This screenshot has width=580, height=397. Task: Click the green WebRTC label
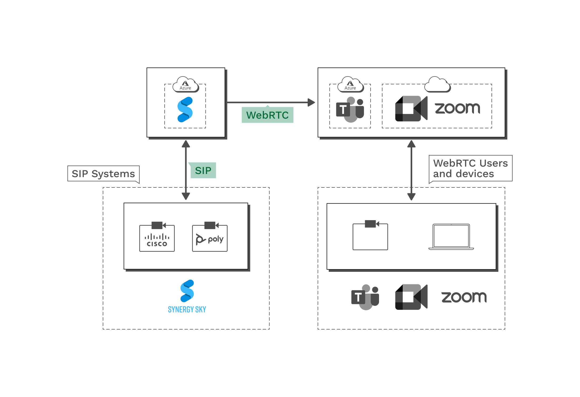point(267,115)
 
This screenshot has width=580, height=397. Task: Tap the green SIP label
point(203,171)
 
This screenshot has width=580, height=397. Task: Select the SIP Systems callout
point(103,174)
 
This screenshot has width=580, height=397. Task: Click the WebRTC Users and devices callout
point(470,168)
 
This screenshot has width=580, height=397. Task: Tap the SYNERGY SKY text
point(187,309)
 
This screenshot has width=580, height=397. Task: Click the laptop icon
point(451,237)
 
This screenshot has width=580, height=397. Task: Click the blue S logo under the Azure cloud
point(185,110)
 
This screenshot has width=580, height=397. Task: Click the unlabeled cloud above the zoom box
point(437,85)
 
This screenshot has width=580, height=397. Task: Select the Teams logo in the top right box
point(350,110)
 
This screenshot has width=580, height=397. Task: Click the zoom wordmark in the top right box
point(458,108)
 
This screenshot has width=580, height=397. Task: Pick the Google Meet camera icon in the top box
point(411,109)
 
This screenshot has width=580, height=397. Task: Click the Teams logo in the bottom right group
point(365,297)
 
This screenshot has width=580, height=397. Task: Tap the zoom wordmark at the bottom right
point(464,297)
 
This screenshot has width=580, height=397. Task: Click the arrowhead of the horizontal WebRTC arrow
point(311,102)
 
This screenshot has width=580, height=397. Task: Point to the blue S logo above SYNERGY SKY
point(187,291)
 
